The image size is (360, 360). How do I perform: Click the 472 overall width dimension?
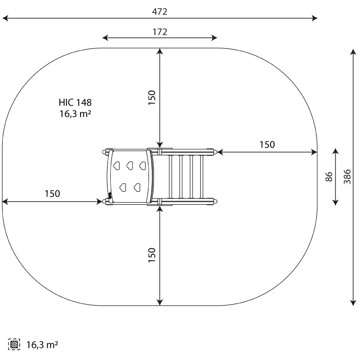160,12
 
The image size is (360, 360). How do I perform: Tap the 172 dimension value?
160,32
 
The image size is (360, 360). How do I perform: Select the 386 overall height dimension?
347,176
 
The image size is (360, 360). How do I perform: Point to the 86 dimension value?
329,177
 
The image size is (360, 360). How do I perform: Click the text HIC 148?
75,103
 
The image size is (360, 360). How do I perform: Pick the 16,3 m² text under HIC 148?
75,114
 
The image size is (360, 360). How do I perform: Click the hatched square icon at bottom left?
14,344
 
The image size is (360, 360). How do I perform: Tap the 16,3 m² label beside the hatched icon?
42,345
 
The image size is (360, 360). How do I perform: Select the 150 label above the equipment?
152,98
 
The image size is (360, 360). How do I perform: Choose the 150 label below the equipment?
152,255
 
